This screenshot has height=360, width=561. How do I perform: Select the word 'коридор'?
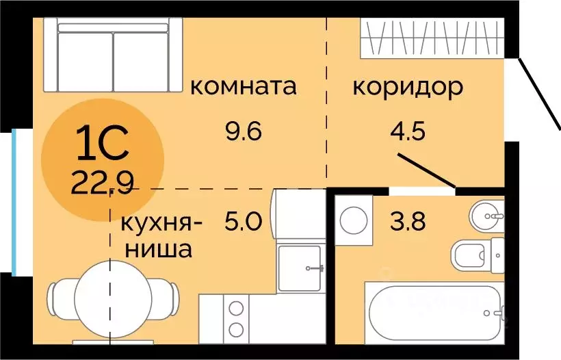(407, 87)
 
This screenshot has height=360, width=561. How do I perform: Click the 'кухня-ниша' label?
(161, 236)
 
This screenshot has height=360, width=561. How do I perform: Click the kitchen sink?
(302, 268)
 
